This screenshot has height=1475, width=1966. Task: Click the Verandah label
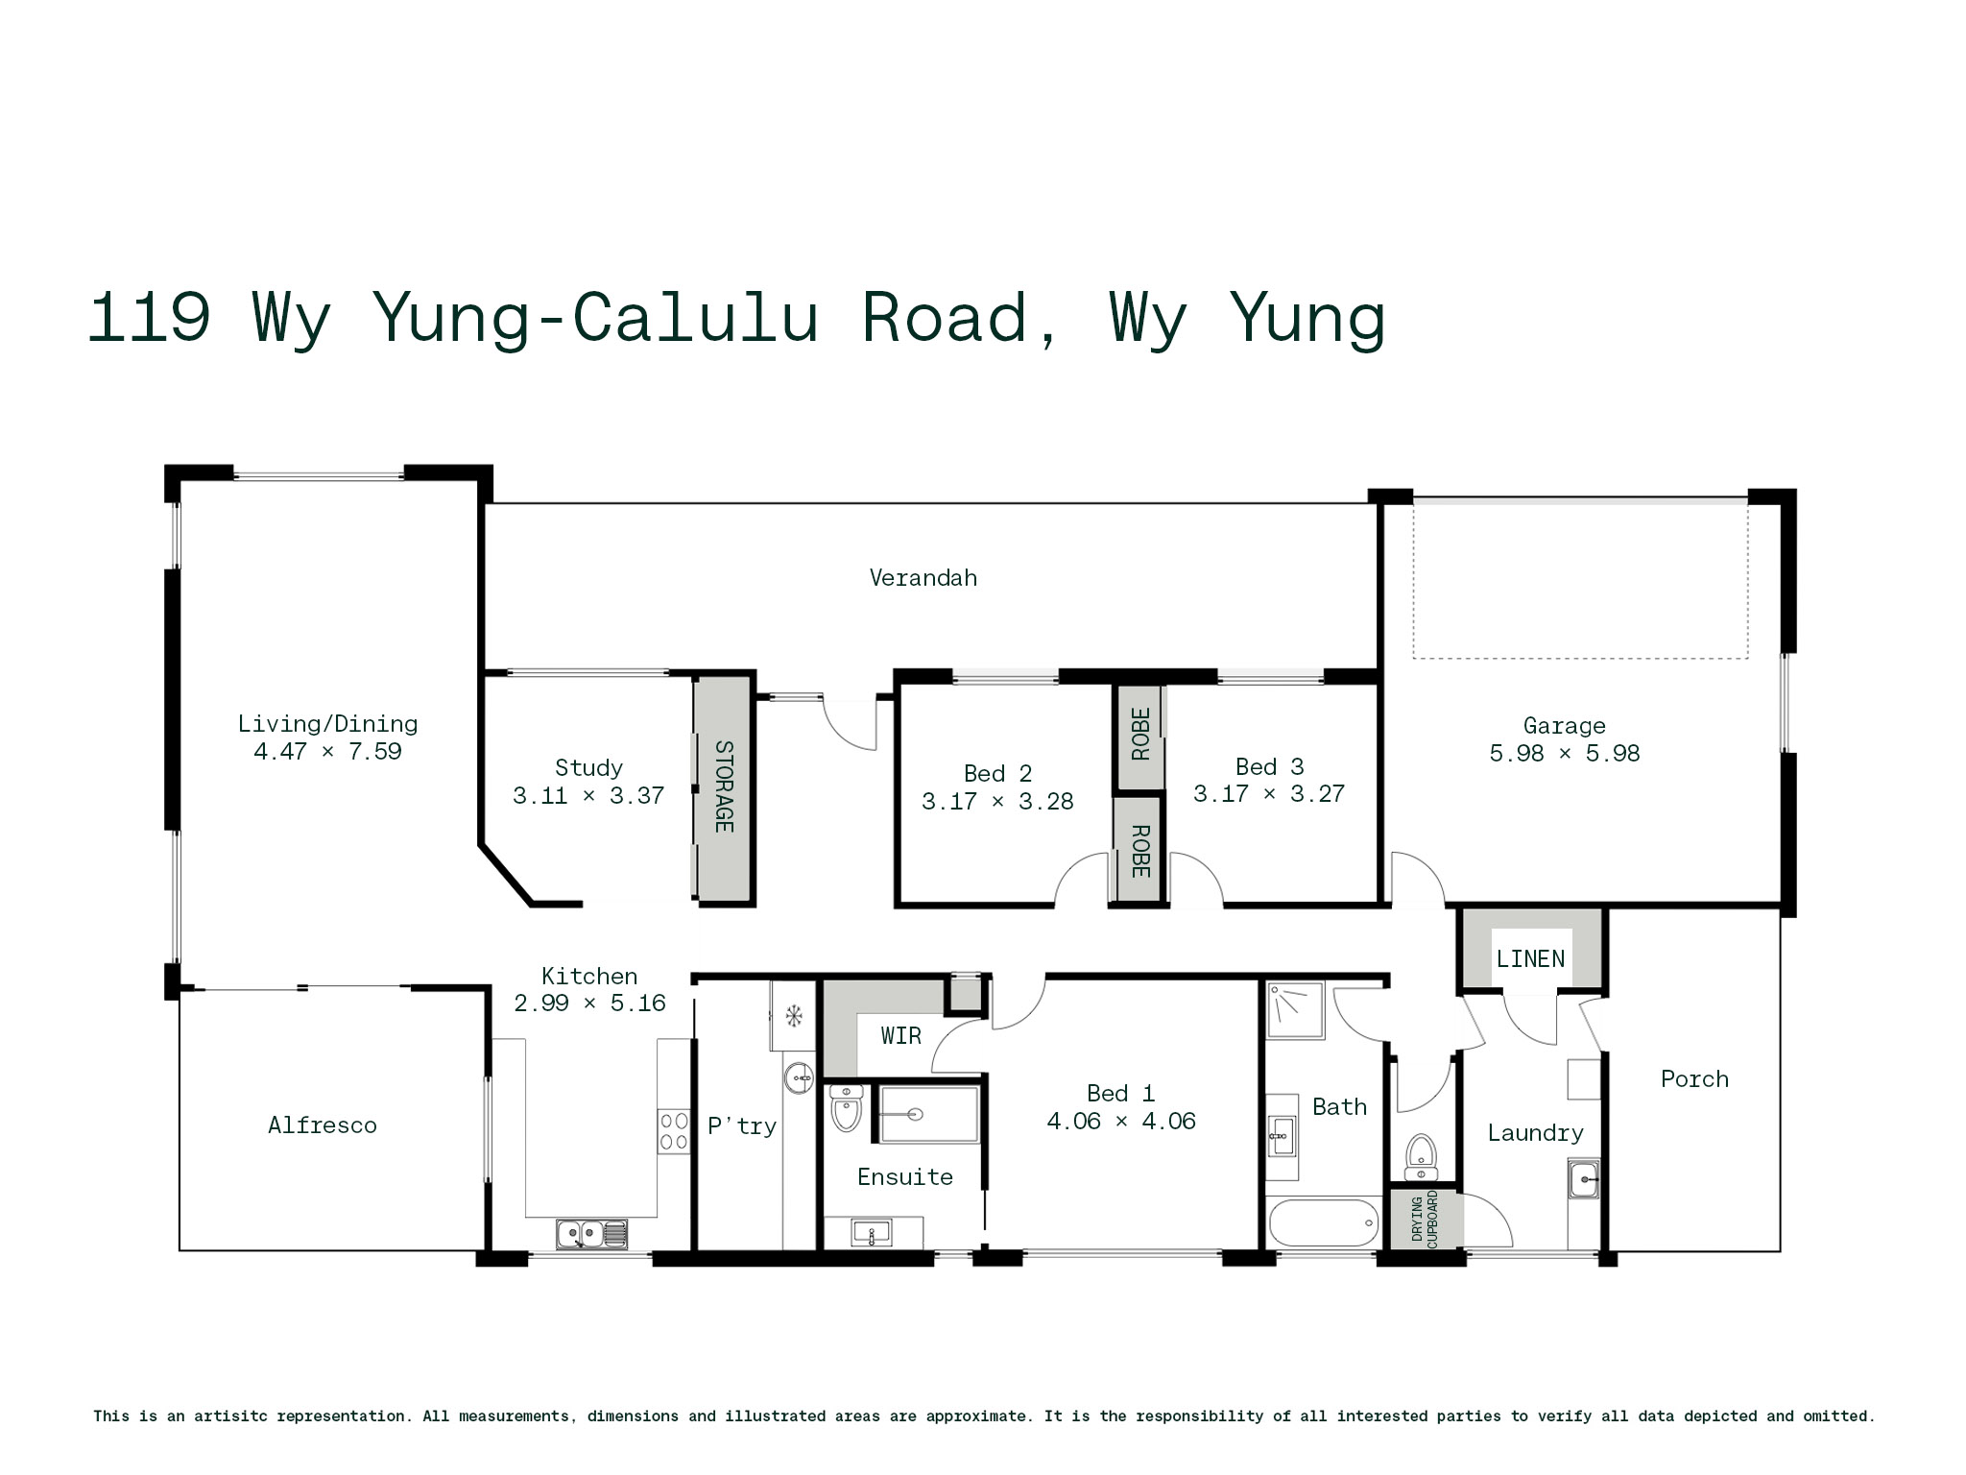pos(923,577)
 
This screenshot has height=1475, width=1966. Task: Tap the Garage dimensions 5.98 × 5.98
pos(1564,754)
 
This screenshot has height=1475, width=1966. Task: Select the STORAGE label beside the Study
pos(724,786)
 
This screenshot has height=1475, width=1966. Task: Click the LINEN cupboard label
pos(1530,958)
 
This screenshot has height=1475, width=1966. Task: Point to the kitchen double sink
pos(591,1233)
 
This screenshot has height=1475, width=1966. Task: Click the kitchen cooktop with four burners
pos(674,1131)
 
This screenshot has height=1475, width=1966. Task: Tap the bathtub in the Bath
pos(1324,1222)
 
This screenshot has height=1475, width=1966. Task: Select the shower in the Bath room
pos(1295,1009)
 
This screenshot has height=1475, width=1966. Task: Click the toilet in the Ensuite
pos(846,1108)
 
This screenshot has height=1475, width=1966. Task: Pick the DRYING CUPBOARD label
pos(1425,1220)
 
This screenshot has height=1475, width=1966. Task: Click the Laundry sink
pos(1584,1178)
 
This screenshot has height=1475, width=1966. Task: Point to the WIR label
pos(900,1035)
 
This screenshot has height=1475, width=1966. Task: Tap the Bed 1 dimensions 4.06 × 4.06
pos(1121,1122)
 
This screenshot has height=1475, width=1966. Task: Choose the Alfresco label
pos(322,1125)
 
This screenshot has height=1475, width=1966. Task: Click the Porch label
pos(1694,1079)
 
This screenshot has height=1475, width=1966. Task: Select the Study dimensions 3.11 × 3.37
pos(588,796)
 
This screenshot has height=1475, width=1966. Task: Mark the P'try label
pos(742,1125)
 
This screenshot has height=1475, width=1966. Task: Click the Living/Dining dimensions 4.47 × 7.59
pos(327,752)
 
